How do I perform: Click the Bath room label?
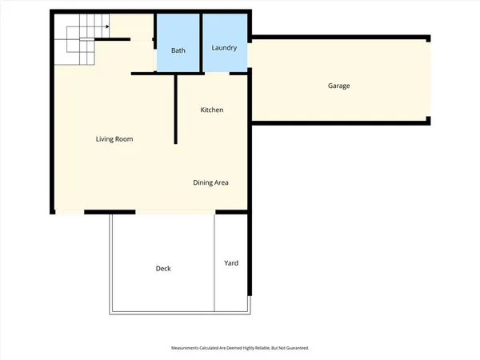pos(178,50)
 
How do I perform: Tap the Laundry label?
pos(224,48)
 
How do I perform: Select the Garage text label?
pos(338,86)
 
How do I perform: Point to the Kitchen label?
pos(211,110)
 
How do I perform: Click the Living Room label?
pos(114,139)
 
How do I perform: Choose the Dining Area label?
pos(211,182)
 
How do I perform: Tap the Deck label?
pos(163,269)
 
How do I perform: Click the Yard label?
pos(231,263)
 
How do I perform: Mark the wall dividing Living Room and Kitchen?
pos(175,108)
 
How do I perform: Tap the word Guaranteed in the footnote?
pos(297,348)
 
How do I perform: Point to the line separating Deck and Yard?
pos(214,263)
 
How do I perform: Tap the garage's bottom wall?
pos(340,122)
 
